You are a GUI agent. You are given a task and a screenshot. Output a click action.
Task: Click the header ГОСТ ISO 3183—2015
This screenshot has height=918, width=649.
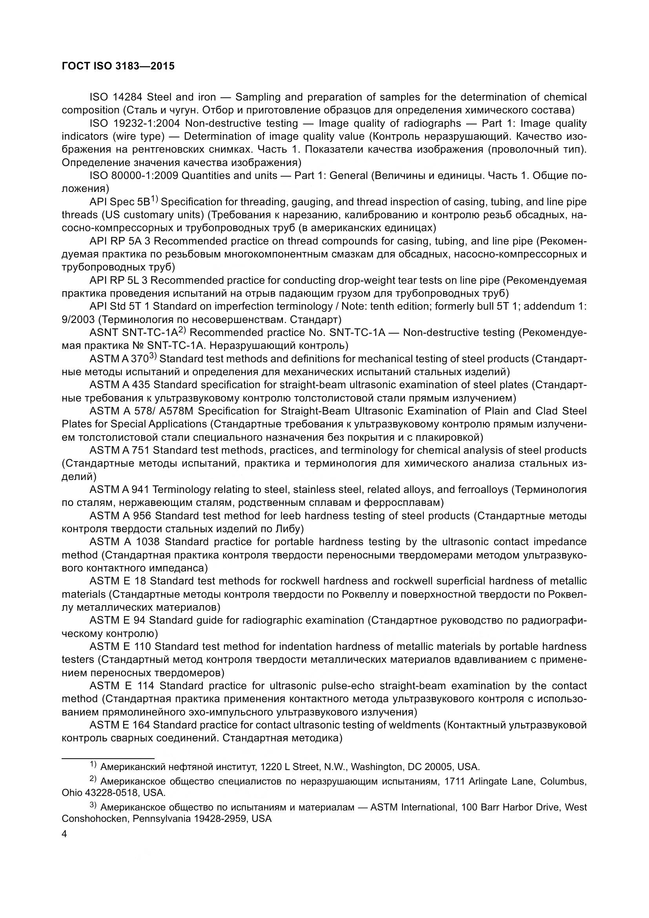coord(118,66)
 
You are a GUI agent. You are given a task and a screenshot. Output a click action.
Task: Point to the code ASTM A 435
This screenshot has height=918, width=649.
coord(120,385)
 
